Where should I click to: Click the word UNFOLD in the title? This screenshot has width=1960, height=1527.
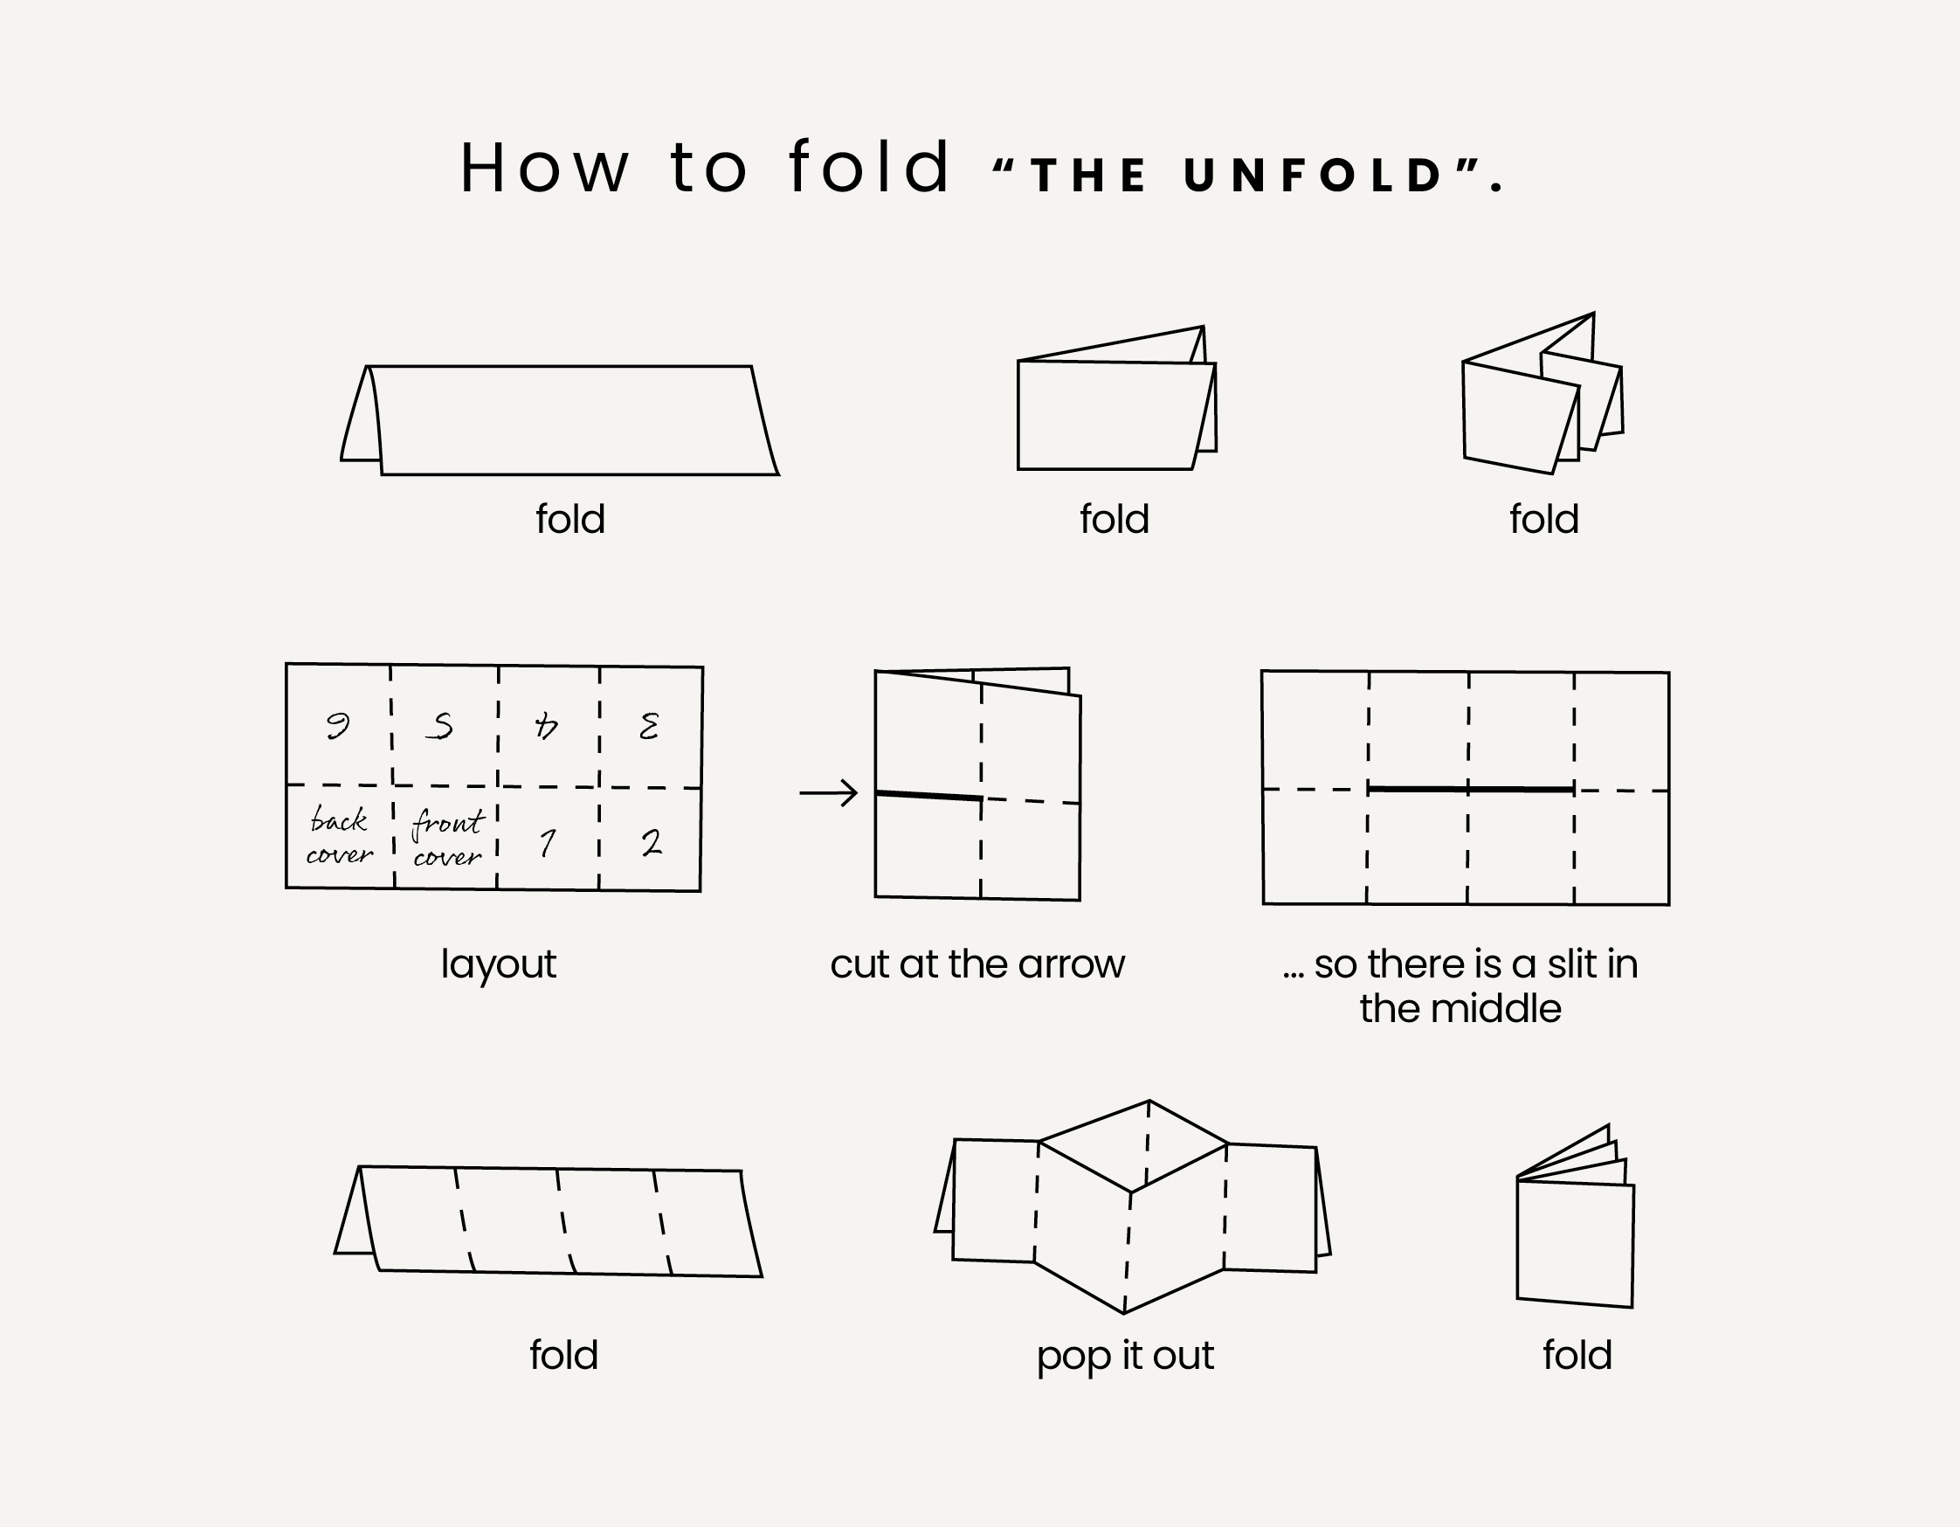tap(1314, 175)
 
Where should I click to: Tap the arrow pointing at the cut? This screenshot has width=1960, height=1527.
tap(828, 792)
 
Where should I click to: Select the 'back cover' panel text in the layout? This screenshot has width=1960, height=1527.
tap(339, 836)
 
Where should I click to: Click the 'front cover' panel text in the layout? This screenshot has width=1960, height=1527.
tap(448, 838)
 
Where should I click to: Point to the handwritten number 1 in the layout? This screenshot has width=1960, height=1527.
tap(548, 842)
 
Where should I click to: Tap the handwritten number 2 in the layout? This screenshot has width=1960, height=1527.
tap(652, 842)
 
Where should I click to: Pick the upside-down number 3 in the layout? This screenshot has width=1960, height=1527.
tap(649, 725)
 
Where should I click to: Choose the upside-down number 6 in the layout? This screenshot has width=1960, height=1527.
tap(337, 724)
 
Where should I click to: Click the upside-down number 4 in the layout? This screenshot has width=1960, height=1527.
tap(546, 725)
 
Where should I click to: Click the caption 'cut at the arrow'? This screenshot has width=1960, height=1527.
tap(977, 964)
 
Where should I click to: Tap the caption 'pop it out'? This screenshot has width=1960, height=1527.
tap(1124, 1356)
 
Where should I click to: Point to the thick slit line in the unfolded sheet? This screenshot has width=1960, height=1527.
tap(1471, 789)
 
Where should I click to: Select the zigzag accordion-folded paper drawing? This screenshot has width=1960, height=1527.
tap(1542, 393)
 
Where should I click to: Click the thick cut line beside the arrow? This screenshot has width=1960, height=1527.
tap(928, 795)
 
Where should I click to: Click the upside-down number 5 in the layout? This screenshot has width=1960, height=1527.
tap(439, 725)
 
